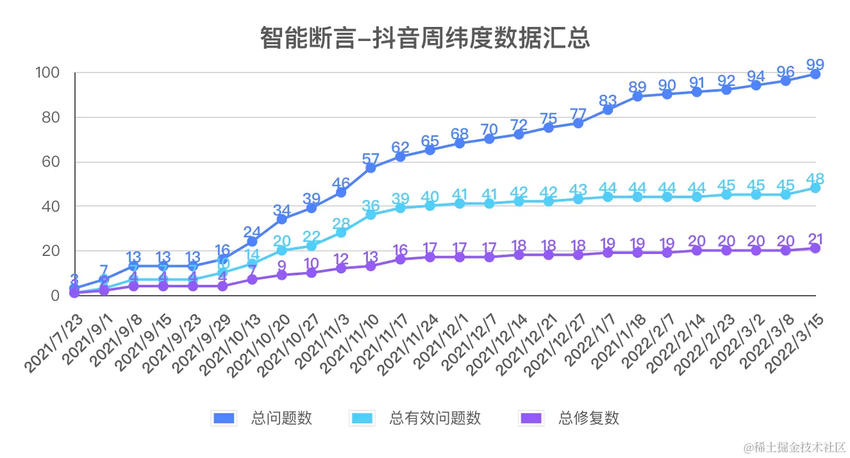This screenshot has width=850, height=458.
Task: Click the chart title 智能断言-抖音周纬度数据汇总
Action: tap(424, 38)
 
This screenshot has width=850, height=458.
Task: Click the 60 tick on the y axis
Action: tap(50, 162)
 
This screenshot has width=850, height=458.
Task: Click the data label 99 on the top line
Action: tap(815, 64)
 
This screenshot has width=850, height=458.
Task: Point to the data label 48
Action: tap(815, 178)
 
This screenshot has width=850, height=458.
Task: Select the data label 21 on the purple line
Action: tap(815, 239)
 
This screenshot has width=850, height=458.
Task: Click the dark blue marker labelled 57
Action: tap(371, 168)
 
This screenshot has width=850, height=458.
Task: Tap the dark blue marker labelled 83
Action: tap(608, 110)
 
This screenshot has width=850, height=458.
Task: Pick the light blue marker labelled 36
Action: tap(371, 215)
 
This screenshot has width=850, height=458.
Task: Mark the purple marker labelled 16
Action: tap(400, 259)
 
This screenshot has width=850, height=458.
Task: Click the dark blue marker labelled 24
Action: tap(252, 242)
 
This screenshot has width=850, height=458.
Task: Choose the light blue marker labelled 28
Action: tap(341, 232)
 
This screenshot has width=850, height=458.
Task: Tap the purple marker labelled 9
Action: tap(281, 275)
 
